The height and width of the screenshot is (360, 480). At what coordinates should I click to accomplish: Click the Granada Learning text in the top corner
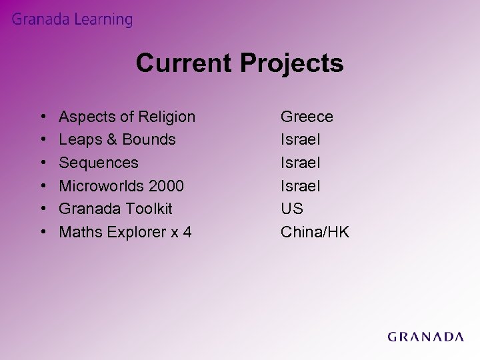pyautogui.click(x=72, y=20)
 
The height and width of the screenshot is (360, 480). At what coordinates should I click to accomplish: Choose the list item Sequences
pyautogui.click(x=99, y=163)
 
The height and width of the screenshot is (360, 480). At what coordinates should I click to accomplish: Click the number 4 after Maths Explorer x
pyautogui.click(x=188, y=232)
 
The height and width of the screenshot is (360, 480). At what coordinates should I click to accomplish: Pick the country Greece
pyautogui.click(x=307, y=117)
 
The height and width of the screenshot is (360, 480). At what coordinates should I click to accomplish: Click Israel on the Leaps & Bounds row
pyautogui.click(x=300, y=140)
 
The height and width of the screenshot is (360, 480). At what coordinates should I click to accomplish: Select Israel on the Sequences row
pyautogui.click(x=300, y=163)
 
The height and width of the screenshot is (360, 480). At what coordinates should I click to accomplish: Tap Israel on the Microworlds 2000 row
pyautogui.click(x=300, y=186)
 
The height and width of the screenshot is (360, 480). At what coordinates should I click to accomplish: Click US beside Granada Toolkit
pyautogui.click(x=292, y=209)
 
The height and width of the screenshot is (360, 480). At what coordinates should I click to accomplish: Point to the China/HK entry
pyautogui.click(x=315, y=232)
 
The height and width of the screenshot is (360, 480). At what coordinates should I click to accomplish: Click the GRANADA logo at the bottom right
pyautogui.click(x=425, y=337)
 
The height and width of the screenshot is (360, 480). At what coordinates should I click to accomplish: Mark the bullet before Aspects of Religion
pyautogui.click(x=42, y=118)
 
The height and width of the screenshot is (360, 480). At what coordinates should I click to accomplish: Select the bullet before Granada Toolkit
pyautogui.click(x=42, y=209)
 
